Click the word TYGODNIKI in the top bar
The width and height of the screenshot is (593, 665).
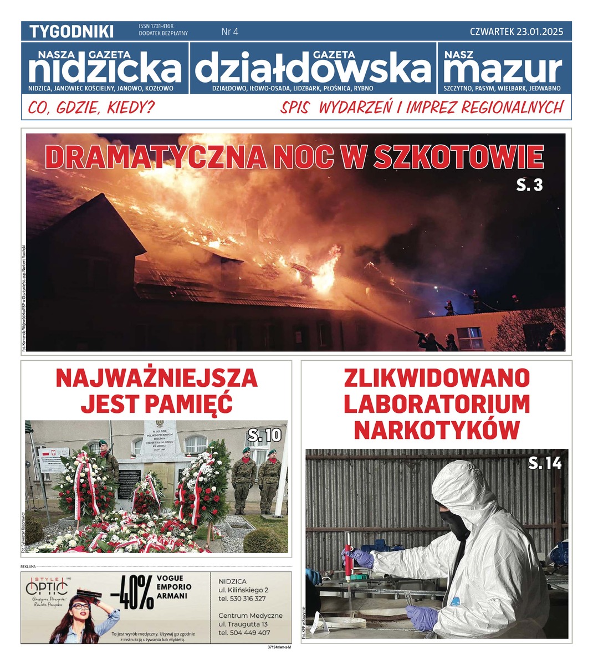tap(71, 32)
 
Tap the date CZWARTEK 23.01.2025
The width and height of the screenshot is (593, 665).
tap(516, 32)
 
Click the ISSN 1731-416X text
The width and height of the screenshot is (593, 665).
tap(156, 26)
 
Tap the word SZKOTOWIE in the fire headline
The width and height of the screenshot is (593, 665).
tap(458, 157)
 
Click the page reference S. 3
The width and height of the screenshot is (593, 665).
tap(529, 185)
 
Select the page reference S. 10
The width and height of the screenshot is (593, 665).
tap(264, 436)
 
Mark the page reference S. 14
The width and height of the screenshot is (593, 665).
tap(545, 463)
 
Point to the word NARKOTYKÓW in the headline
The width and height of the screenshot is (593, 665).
tap(437, 429)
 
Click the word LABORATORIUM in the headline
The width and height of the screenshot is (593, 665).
tap(437, 404)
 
